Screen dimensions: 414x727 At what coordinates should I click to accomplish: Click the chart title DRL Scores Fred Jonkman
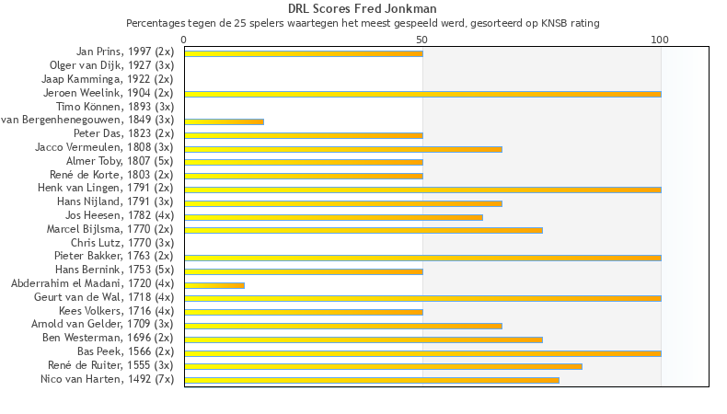click(362, 9)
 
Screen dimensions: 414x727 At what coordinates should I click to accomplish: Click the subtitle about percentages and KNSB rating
click(363, 22)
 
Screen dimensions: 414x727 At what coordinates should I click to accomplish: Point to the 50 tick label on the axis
click(422, 40)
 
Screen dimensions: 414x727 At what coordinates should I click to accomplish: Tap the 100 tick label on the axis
click(660, 40)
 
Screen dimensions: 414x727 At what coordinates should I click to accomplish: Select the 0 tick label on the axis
click(184, 40)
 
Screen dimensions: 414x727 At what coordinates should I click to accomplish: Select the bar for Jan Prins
click(304, 53)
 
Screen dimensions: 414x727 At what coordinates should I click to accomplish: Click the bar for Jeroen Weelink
click(422, 94)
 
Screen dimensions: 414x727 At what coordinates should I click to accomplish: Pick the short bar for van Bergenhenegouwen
click(224, 121)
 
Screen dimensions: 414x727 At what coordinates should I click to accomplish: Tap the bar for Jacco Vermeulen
click(343, 148)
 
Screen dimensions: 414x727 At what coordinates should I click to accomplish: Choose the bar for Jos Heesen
click(333, 216)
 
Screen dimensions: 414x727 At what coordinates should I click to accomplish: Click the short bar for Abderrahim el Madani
click(214, 284)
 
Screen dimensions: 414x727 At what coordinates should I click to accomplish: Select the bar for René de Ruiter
click(383, 366)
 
